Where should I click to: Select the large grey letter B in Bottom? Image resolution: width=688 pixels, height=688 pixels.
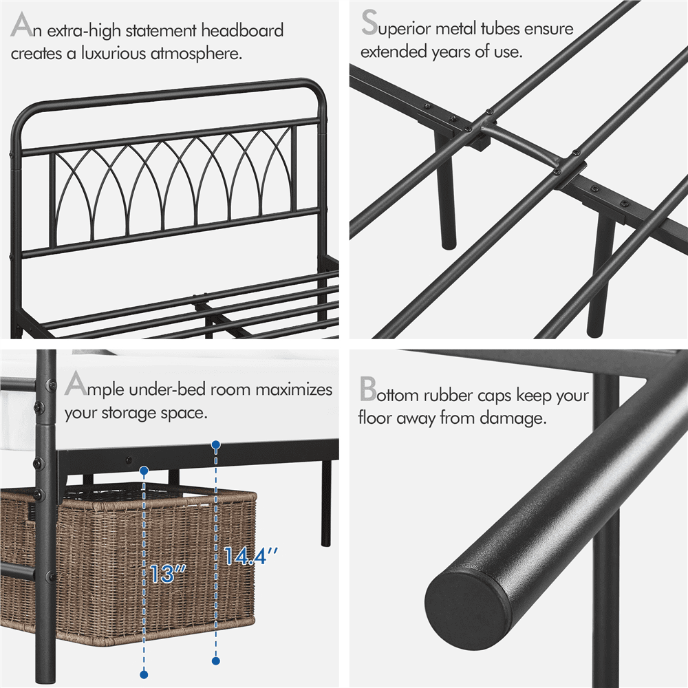(368, 390)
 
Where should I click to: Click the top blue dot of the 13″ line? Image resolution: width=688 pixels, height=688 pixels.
(144, 471)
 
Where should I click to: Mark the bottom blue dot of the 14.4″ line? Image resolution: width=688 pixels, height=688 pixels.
(216, 661)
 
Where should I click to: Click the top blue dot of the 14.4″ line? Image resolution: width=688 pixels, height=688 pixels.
(216, 445)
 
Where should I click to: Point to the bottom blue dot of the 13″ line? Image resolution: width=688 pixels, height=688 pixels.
(144, 674)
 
